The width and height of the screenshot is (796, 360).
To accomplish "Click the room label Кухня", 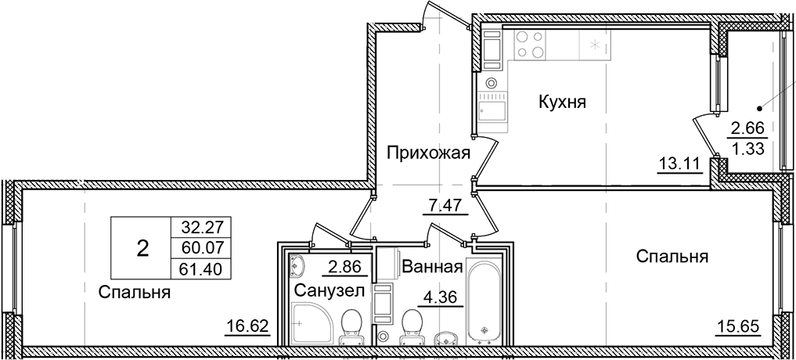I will [561, 102].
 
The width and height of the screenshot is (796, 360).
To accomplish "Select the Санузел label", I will [329, 291].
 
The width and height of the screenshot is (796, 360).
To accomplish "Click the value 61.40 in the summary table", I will [197, 268].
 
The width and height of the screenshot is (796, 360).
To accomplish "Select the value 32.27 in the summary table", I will [197, 228].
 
